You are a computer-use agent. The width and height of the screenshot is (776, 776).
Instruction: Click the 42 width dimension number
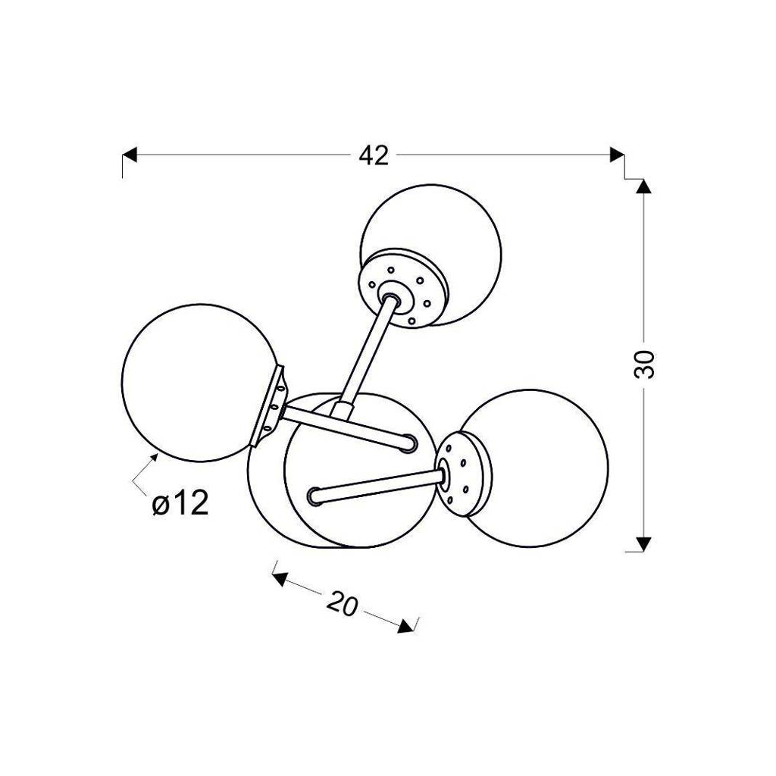tap(374, 155)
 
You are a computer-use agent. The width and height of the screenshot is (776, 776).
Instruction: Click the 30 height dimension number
tap(644, 365)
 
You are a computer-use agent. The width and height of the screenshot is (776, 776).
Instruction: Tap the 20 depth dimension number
tap(342, 603)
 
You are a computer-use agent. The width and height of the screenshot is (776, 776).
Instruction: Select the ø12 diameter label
tap(180, 504)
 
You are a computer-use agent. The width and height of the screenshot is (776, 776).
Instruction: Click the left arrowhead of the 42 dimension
tap(129, 155)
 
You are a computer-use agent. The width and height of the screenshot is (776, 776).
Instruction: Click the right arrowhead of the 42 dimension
tap(617, 155)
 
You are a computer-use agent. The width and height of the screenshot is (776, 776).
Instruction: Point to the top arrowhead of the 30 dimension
tap(643, 186)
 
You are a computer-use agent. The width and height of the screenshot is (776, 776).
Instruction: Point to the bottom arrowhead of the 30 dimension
tap(643, 544)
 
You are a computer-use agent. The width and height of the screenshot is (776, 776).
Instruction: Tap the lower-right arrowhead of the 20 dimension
tap(406, 625)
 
